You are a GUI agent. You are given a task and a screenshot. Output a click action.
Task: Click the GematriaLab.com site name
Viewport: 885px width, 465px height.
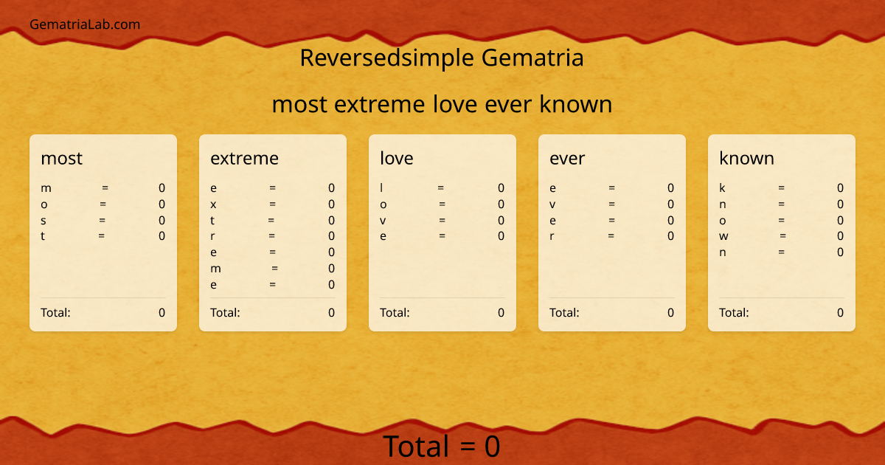coord(85,24)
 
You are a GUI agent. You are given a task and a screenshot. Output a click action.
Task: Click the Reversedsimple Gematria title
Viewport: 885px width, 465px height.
coord(442,58)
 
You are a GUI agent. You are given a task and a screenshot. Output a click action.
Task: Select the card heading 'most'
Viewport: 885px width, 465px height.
coord(61,158)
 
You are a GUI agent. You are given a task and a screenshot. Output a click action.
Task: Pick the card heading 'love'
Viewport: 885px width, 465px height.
coord(397,158)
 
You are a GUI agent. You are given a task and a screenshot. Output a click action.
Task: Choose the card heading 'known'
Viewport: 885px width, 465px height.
coord(746,158)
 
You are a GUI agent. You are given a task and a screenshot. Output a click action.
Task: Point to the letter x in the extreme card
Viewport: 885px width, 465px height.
coord(213,204)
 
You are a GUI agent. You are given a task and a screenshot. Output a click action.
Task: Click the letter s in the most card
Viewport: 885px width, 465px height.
coord(44,221)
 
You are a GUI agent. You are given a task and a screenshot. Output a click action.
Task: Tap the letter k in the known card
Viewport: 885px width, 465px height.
coord(723,188)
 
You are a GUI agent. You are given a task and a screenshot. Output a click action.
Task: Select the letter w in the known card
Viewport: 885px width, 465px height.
coord(723,236)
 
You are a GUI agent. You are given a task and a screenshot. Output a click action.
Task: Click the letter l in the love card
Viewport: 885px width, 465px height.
coord(382,188)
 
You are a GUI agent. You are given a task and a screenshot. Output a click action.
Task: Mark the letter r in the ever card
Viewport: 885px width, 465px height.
coord(552,236)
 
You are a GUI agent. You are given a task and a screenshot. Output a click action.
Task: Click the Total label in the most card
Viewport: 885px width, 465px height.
coord(55,312)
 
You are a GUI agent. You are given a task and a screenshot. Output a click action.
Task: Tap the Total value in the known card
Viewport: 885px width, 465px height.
coord(840,312)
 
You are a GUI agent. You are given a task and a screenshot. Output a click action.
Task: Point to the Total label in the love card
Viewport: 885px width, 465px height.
coord(395,312)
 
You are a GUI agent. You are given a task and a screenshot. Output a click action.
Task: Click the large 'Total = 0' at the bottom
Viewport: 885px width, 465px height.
coord(441,447)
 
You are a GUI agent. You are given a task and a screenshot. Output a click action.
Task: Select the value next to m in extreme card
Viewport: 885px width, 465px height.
coord(331,269)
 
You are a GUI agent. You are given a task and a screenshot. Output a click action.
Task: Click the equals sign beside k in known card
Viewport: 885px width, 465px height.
coord(781,188)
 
